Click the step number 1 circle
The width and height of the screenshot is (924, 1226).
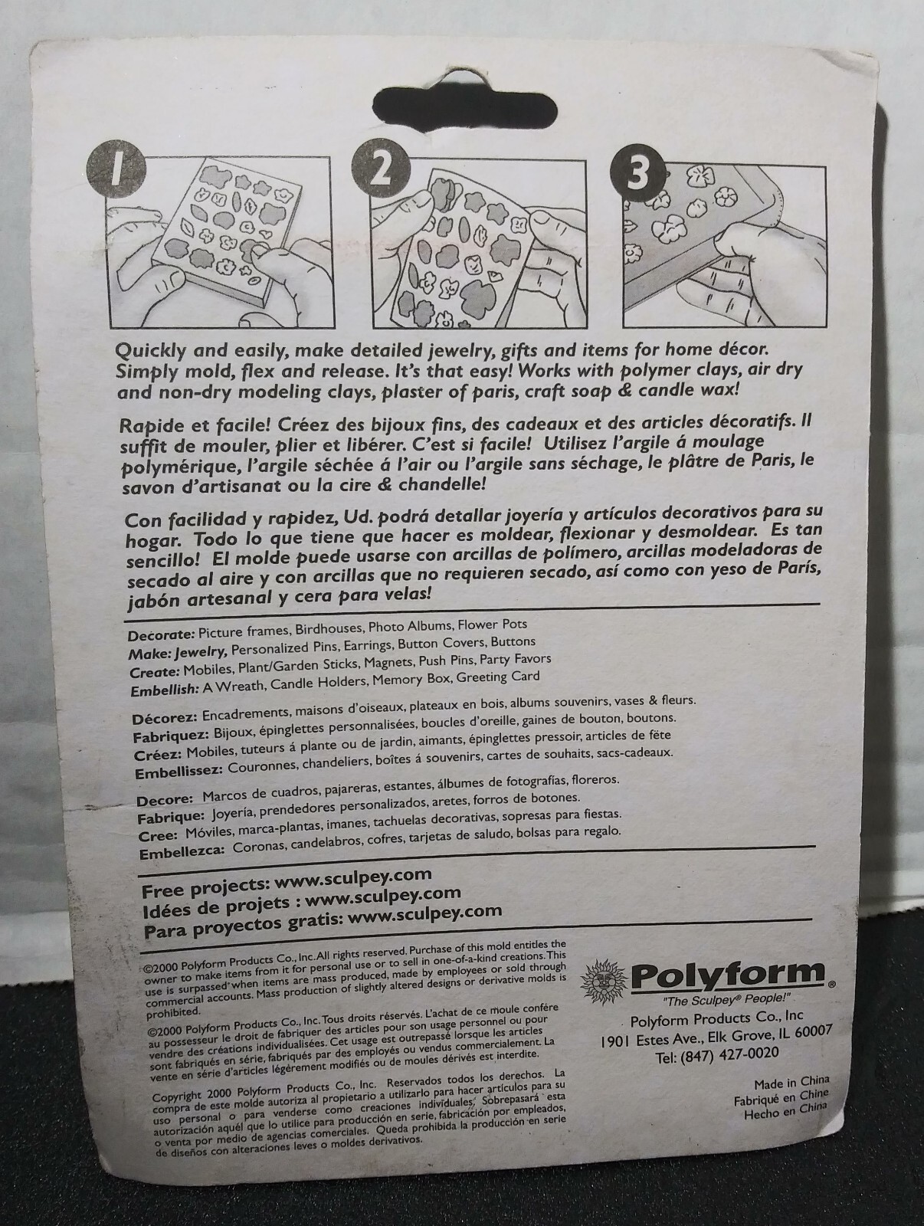click(x=116, y=170)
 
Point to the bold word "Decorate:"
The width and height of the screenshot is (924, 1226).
click(x=161, y=635)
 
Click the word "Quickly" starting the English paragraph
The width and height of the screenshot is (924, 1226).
click(x=147, y=351)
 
